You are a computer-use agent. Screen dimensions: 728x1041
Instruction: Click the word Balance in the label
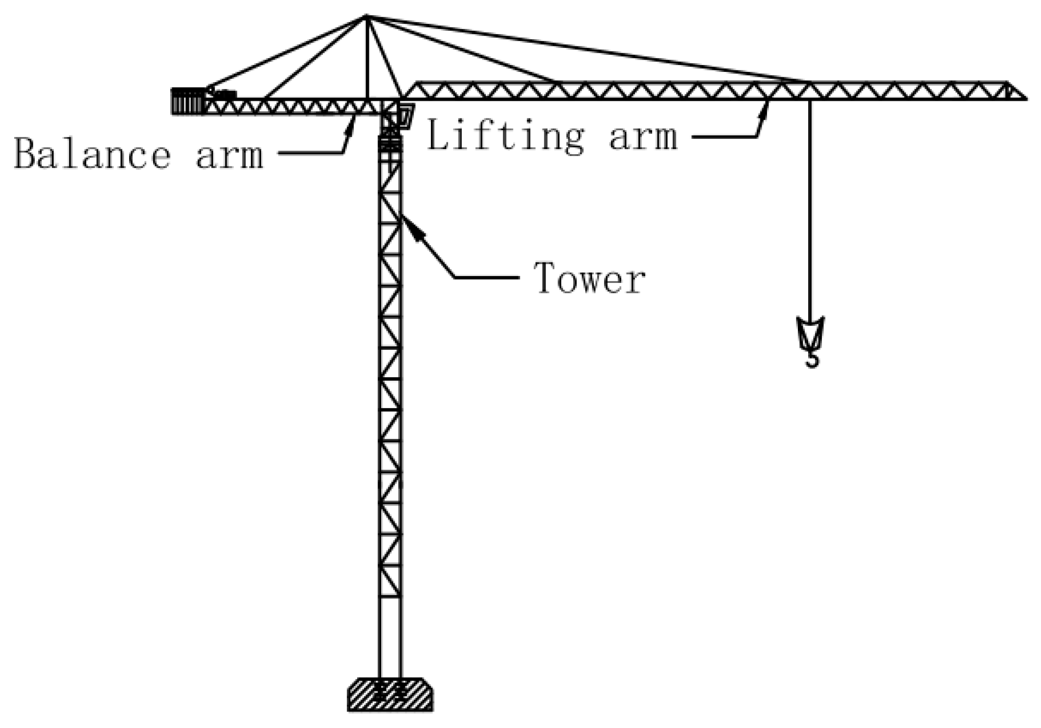click(x=91, y=153)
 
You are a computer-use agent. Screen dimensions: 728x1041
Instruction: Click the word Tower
click(x=589, y=278)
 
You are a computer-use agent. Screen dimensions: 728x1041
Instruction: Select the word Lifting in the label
click(x=505, y=136)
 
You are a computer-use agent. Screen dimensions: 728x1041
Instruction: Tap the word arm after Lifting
click(x=643, y=136)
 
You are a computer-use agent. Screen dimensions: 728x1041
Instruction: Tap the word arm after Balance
click(x=229, y=156)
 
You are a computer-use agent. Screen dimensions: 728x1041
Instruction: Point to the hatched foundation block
click(x=390, y=694)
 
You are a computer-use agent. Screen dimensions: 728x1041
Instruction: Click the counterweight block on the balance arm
click(x=187, y=101)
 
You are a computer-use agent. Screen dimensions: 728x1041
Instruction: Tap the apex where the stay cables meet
click(x=366, y=17)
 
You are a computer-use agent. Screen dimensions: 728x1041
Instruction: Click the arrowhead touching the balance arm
click(x=350, y=125)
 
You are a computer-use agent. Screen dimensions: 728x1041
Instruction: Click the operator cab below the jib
click(x=405, y=116)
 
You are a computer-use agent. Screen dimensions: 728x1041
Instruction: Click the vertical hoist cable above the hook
click(x=810, y=205)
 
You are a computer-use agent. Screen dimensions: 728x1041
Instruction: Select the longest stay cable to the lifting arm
click(x=587, y=49)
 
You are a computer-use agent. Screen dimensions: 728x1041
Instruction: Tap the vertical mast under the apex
click(x=366, y=59)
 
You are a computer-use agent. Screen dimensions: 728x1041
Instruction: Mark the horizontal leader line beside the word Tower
click(x=487, y=277)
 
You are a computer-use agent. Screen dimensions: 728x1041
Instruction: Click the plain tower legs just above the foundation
click(x=390, y=636)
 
